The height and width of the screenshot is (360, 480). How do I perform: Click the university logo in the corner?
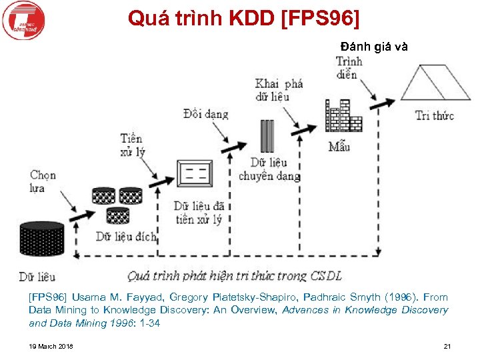22,21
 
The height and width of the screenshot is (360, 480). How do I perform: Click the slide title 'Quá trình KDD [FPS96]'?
243,18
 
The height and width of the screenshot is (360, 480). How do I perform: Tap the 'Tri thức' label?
434,116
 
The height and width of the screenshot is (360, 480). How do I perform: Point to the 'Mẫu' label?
339,146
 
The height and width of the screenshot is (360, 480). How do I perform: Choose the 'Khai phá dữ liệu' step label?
279,89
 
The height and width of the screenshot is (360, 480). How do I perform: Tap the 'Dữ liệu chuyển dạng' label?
269,169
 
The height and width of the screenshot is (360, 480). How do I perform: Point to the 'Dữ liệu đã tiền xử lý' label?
199,212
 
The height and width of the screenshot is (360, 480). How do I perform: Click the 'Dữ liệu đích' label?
126,236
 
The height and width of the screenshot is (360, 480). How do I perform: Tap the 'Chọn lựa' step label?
43,181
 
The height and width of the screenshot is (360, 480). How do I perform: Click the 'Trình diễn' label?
349,67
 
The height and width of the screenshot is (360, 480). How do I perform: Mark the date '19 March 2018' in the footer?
51,346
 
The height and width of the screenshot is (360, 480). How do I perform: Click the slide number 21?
447,346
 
